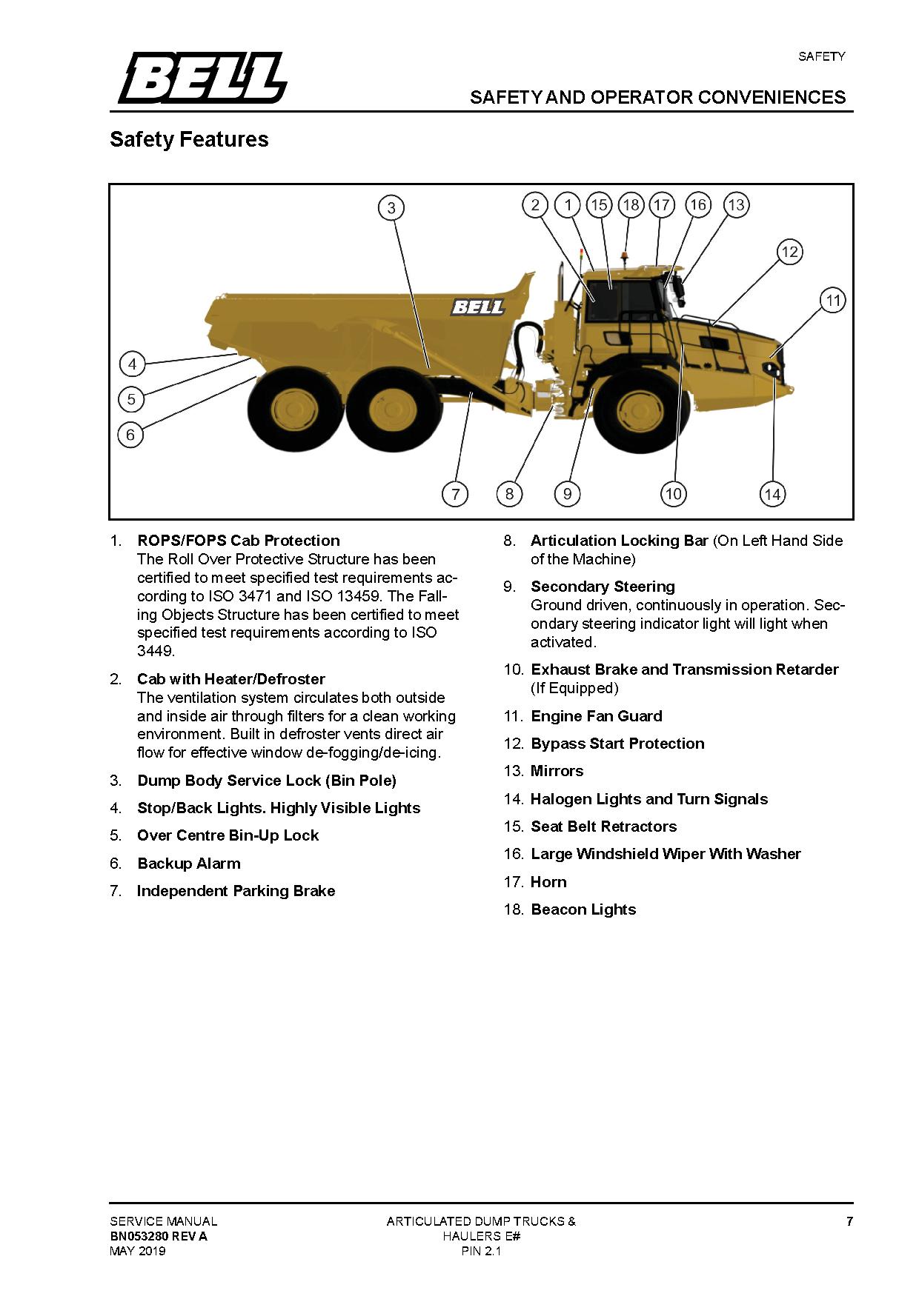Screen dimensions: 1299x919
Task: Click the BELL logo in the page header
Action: coord(202,78)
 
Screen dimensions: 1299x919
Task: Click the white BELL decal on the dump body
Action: coord(478,307)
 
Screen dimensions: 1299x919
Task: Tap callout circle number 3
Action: coord(391,208)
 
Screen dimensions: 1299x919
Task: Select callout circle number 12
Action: coord(789,252)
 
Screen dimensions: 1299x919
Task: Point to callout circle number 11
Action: coord(833,301)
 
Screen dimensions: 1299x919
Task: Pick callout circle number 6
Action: coord(130,435)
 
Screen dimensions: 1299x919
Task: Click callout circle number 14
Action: coord(772,494)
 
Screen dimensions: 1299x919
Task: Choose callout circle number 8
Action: coord(509,494)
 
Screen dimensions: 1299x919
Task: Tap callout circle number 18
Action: coord(631,205)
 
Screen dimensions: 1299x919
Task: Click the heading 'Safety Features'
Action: coord(189,139)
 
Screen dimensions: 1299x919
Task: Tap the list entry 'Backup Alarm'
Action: coord(189,864)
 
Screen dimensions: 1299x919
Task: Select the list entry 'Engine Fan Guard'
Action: coord(597,716)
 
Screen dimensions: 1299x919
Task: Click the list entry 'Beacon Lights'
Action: coord(583,909)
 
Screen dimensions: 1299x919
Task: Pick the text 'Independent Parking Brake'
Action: coord(236,891)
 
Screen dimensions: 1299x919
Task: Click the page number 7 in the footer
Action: coord(849,1221)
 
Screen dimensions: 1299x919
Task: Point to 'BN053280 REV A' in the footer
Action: coord(159,1236)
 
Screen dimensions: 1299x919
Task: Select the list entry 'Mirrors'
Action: coord(557,771)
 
